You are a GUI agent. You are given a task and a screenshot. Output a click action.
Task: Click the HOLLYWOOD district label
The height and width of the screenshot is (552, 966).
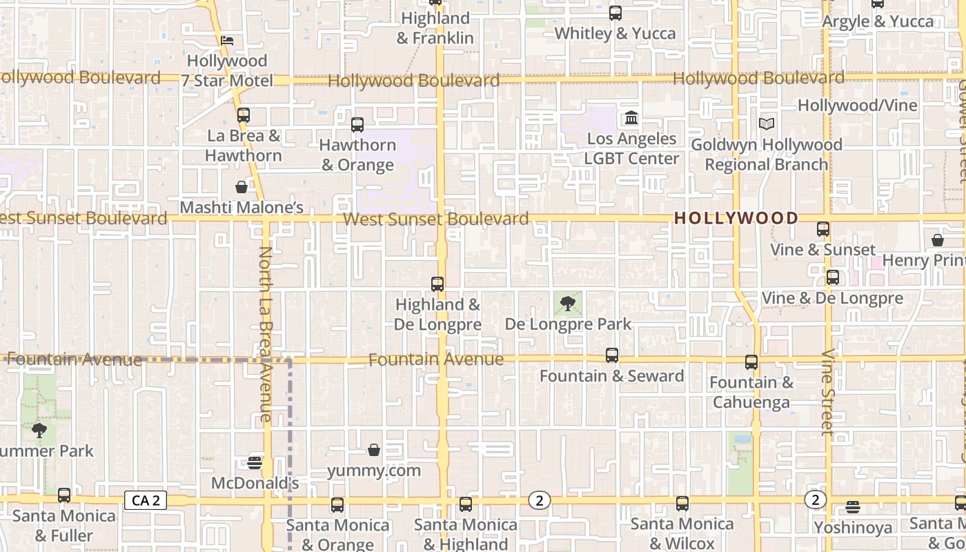[736, 218]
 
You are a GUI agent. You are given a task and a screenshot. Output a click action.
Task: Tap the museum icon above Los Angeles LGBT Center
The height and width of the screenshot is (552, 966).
[631, 118]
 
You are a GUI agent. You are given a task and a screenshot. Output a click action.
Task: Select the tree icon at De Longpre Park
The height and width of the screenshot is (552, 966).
[567, 303]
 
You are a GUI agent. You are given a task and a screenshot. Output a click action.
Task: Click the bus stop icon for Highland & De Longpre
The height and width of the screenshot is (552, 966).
[437, 284]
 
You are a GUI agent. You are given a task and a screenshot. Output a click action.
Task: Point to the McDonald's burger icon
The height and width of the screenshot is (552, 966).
[255, 462]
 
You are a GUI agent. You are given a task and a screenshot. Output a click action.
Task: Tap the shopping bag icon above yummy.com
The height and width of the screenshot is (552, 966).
[373, 451]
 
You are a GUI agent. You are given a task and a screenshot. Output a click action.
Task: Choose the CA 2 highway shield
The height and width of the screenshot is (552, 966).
[146, 500]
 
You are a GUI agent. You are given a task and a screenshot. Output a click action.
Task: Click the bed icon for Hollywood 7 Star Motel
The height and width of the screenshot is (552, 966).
[227, 41]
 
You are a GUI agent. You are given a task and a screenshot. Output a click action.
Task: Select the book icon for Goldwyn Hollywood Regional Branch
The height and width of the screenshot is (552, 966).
[766, 124]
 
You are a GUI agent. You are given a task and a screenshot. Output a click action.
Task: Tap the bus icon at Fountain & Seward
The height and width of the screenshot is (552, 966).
[611, 355]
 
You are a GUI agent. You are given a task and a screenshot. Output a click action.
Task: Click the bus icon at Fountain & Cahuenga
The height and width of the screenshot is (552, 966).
[751, 362]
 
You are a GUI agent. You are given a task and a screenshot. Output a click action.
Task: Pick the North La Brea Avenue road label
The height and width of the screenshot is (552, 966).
[266, 334]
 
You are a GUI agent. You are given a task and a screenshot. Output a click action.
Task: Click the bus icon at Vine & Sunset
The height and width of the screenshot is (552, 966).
[822, 229]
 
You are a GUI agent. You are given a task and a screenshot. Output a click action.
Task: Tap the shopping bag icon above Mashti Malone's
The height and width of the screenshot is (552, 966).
[241, 187]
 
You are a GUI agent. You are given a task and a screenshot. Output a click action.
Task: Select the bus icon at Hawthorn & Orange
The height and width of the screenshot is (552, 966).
[357, 125]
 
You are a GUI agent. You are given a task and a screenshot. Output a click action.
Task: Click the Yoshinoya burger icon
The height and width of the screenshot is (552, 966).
[853, 507]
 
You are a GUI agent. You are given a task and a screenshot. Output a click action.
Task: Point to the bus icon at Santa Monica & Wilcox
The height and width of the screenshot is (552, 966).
[682, 504]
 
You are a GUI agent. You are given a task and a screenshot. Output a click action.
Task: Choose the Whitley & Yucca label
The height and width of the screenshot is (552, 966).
[615, 33]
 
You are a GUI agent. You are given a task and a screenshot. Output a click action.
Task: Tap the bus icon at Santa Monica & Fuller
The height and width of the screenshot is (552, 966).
[64, 495]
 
